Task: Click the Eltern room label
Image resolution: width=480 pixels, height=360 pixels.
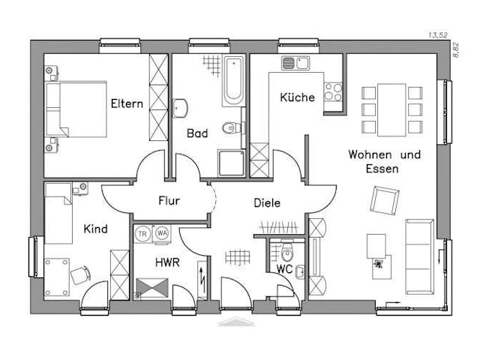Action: pyautogui.click(x=126, y=103)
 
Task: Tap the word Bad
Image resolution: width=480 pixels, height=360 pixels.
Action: pyautogui.click(x=197, y=133)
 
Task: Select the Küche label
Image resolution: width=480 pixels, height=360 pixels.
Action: pyautogui.click(x=297, y=97)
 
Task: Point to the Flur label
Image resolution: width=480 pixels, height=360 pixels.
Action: pyautogui.click(x=169, y=200)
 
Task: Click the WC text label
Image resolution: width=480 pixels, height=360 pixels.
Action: pyautogui.click(x=284, y=268)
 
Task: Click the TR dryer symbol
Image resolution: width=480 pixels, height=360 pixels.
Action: pyautogui.click(x=142, y=233)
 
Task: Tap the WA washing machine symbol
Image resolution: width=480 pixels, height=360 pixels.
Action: pyautogui.click(x=161, y=233)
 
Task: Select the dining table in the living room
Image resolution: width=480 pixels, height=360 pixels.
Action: pyautogui.click(x=391, y=109)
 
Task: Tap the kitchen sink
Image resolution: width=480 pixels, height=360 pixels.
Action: pyautogui.click(x=295, y=63)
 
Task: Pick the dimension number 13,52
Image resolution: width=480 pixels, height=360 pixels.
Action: pyautogui.click(x=438, y=35)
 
